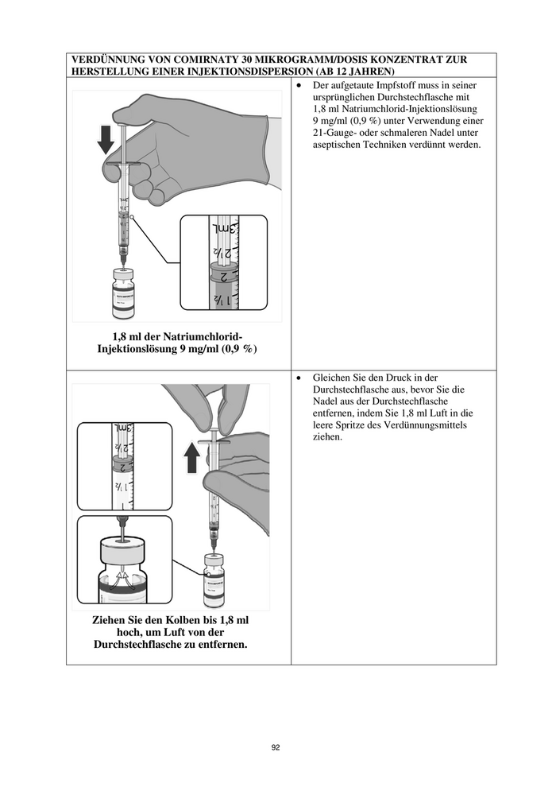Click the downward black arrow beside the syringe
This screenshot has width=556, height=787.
coord(105,140)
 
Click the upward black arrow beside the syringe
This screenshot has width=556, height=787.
coord(192,459)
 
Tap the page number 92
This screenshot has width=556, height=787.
coord(276,747)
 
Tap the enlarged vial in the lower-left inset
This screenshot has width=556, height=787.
coord(124,569)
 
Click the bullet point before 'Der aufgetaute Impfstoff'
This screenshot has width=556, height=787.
coord(299,84)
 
